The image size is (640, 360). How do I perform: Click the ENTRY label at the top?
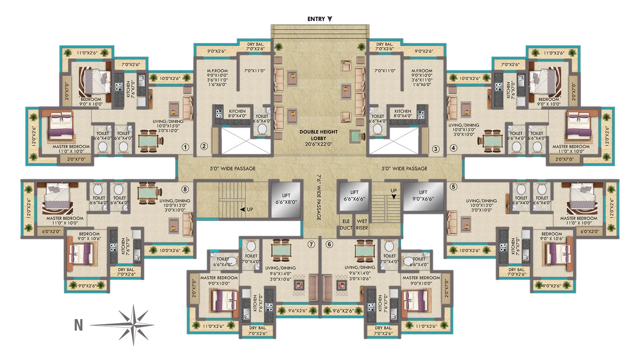coord(316,19)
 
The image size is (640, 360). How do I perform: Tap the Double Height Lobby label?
coord(318,135)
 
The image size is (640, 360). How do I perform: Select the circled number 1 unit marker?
coord(185,147)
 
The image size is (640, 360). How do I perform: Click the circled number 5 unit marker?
coord(453,187)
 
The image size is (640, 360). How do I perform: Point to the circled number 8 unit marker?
coord(185,189)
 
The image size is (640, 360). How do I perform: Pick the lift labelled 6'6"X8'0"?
coord(286,199)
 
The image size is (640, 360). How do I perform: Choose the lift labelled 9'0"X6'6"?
coord(423,196)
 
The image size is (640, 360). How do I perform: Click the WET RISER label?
coord(362,225)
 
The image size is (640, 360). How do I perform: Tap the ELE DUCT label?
coord(346,225)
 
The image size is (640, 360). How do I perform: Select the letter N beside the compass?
coord(78,325)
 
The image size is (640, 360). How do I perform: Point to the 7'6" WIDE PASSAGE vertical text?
coord(319,197)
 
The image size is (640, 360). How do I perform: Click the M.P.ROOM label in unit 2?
coord(217,71)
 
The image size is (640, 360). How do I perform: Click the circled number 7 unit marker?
coord(311,244)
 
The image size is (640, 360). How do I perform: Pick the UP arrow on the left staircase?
coord(243,210)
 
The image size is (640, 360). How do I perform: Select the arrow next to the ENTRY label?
coord(330,19)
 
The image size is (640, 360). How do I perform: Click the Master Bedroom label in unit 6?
coord(421,278)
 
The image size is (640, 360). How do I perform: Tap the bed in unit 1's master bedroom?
coord(61,126)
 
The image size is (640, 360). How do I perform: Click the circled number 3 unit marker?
coord(436,149)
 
